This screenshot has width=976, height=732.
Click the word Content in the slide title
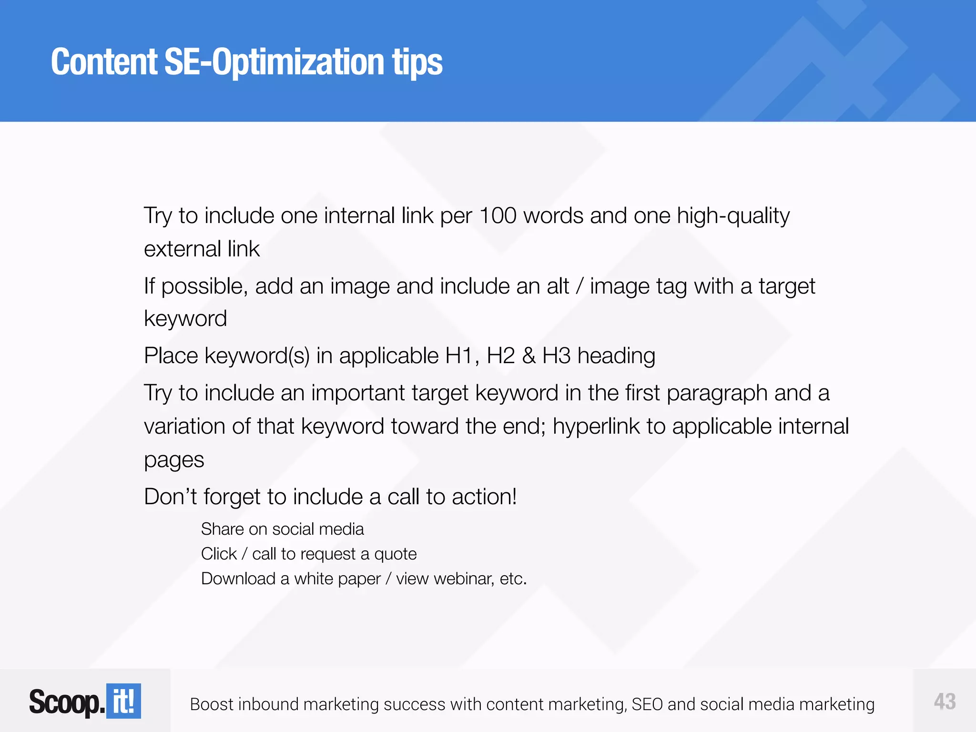[104, 62]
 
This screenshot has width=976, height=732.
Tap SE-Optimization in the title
[274, 63]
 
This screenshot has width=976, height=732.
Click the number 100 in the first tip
[498, 216]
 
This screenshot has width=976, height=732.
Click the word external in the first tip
[182, 249]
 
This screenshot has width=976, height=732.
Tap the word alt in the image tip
[558, 286]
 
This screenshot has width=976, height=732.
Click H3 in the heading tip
[556, 356]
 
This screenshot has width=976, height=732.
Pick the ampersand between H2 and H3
[529, 356]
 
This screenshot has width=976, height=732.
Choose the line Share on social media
[282, 529]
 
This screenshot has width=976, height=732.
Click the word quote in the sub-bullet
[395, 554]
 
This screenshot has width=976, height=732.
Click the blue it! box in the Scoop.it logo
[123, 701]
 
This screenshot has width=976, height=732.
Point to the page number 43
[945, 701]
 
